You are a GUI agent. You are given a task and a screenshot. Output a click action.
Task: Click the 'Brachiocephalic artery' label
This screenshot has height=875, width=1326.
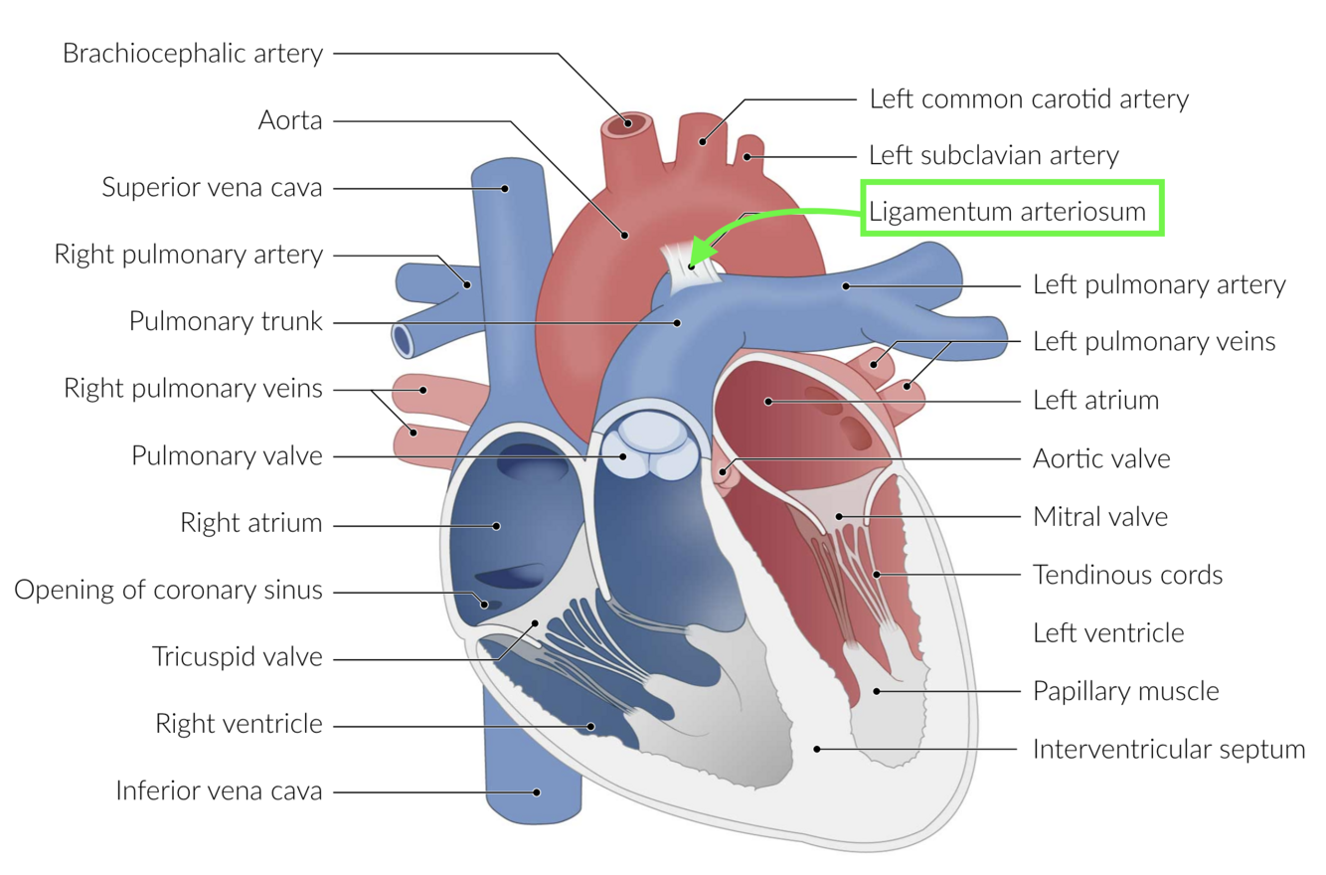click(193, 53)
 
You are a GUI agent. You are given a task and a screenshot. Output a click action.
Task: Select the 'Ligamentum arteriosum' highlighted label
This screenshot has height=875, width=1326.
click(1011, 211)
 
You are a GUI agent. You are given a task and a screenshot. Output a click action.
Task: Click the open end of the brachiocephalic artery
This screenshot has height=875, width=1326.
click(625, 125)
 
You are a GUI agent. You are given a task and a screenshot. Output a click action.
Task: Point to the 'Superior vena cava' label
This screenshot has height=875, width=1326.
click(213, 187)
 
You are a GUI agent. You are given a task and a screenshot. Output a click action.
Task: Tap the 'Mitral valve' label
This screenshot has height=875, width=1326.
click(1100, 517)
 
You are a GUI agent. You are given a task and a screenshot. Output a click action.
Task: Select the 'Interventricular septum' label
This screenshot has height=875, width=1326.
click(1169, 749)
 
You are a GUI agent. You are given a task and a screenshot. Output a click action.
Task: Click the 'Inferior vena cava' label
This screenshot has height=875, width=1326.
click(219, 791)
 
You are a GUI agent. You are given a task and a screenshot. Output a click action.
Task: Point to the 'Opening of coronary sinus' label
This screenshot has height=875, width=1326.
click(168, 590)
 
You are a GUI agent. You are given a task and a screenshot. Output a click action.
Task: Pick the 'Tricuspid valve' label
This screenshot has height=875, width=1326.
click(238, 657)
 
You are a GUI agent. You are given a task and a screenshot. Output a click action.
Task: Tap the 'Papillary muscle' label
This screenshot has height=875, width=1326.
click(1126, 690)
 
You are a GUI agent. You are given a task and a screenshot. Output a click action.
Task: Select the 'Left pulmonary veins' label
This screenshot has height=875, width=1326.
click(1154, 342)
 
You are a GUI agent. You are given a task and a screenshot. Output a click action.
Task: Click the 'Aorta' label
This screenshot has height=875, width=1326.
click(290, 120)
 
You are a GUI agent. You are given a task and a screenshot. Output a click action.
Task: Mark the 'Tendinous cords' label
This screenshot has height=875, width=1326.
click(1127, 575)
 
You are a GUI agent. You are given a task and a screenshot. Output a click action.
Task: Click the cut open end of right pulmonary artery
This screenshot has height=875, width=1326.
click(404, 340)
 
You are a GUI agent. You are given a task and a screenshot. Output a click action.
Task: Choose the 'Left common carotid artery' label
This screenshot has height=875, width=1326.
click(1029, 98)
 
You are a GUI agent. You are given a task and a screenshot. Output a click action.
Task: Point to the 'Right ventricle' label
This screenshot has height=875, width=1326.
click(239, 724)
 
